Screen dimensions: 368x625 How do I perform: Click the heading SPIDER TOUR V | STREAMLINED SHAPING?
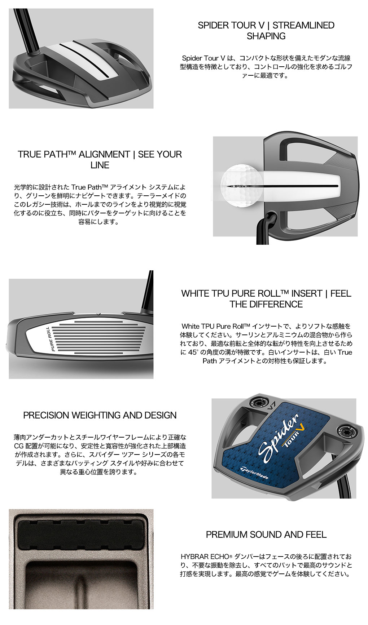[x=266, y=31]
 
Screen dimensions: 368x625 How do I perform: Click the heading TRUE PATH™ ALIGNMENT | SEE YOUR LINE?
[x=100, y=160]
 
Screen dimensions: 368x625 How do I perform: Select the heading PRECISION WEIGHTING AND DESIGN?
[x=100, y=415]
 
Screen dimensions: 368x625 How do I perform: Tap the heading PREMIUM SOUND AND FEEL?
[x=266, y=535]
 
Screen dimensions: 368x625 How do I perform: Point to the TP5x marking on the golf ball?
[x=240, y=186]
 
